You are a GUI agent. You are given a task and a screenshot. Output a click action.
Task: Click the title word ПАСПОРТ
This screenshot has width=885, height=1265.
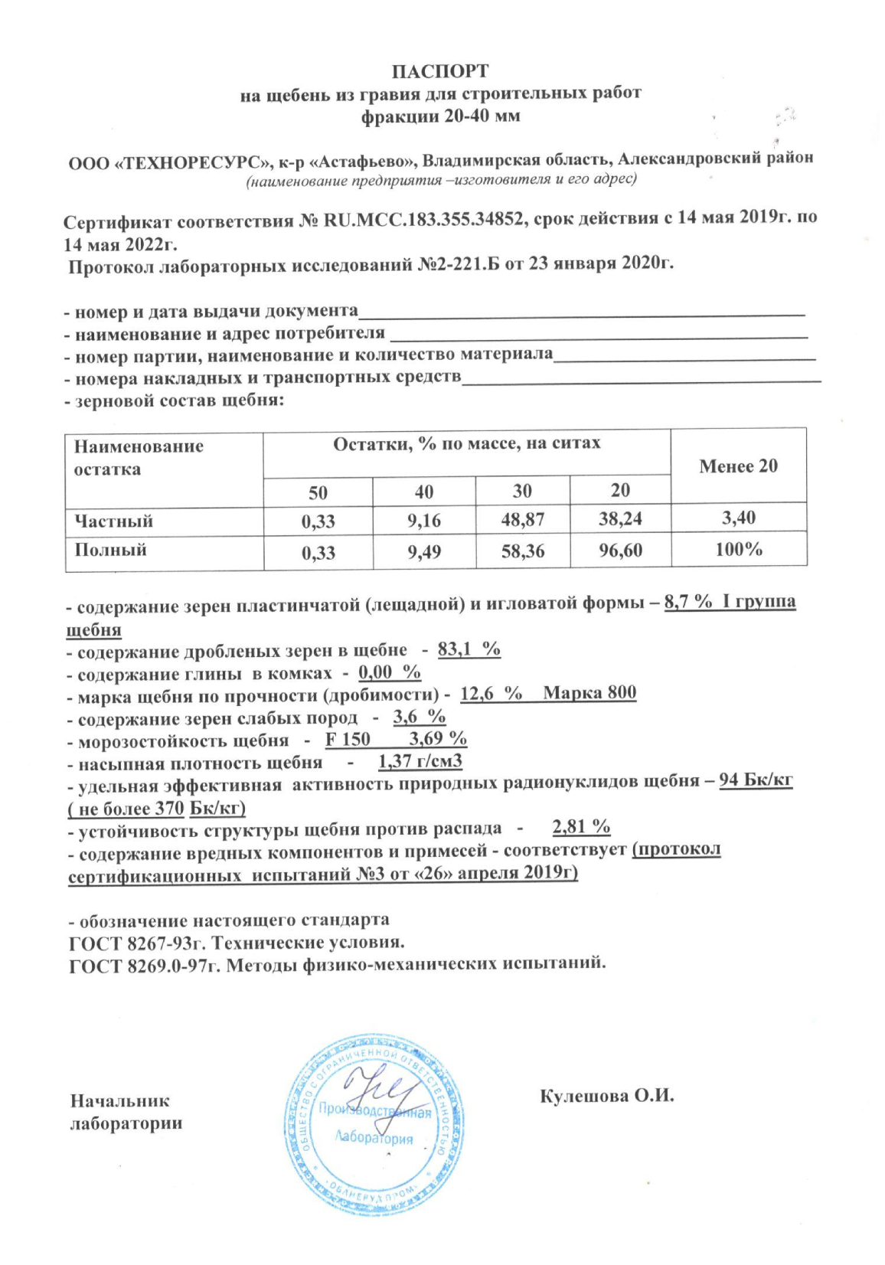(x=440, y=71)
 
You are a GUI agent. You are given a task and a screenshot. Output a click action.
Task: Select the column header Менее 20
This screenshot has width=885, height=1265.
(x=738, y=466)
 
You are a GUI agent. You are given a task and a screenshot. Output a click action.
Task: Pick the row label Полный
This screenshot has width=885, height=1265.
(x=110, y=550)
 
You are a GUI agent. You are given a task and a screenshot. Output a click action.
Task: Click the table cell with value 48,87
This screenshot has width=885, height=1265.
(x=523, y=520)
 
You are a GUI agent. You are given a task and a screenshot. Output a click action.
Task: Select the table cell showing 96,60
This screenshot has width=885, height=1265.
(x=620, y=550)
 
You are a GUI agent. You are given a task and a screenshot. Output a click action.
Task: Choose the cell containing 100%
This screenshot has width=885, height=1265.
(x=738, y=549)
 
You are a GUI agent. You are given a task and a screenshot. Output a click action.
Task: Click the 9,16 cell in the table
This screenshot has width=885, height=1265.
(x=424, y=521)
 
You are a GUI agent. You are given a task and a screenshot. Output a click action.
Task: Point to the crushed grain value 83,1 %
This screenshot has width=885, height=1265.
(x=469, y=650)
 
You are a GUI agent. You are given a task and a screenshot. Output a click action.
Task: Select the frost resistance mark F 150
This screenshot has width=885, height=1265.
(x=348, y=739)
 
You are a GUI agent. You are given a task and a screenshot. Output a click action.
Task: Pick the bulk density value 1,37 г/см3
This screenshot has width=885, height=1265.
(x=420, y=762)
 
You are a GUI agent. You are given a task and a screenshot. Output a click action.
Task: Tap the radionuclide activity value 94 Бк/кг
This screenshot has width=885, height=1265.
(x=756, y=782)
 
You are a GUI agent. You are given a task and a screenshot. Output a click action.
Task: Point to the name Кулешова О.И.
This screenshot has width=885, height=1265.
(x=606, y=1096)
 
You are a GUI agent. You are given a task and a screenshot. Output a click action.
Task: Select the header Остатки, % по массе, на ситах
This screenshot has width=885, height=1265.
(x=466, y=443)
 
